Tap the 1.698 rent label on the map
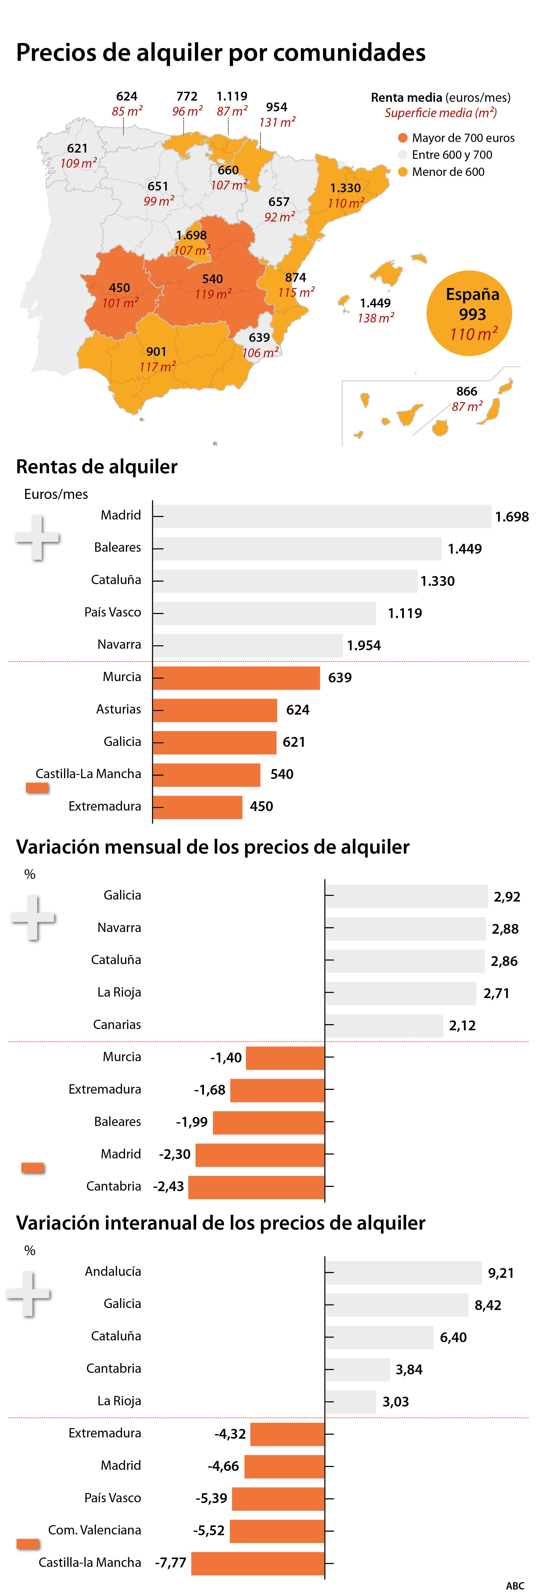coord(192,235)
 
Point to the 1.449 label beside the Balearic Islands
coord(375,303)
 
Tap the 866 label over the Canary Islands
coord(467,391)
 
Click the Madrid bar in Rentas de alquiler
coord(321,516)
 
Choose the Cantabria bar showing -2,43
coord(256,1187)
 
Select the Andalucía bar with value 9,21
coord(404,1273)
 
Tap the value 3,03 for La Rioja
coord(396,1402)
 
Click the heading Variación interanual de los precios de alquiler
coord(221,1223)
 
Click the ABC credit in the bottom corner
coord(515,1585)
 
